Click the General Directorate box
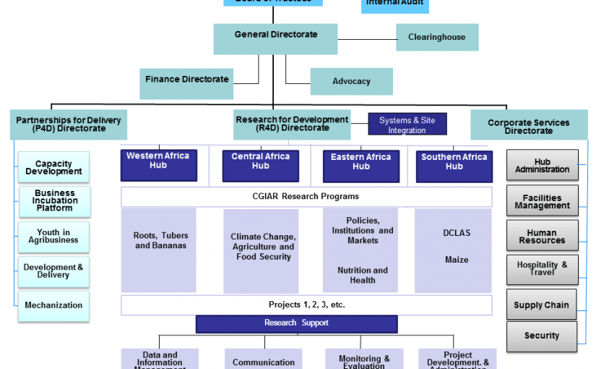[x=276, y=38]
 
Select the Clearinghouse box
[x=436, y=38]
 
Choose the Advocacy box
[x=351, y=82]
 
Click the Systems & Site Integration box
[x=407, y=125]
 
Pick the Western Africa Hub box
[x=158, y=164]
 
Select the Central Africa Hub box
[x=260, y=165]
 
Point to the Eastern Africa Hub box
[x=360, y=166]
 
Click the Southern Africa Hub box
[x=454, y=166]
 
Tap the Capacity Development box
[x=54, y=168]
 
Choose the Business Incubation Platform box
[x=54, y=201]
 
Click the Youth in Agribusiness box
[x=54, y=236]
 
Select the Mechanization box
[x=54, y=305]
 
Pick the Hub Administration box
[x=542, y=166]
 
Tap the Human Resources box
[x=542, y=237]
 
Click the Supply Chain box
[x=542, y=305]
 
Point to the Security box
[x=542, y=336]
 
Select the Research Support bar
[x=296, y=323]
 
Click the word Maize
[x=457, y=260]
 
